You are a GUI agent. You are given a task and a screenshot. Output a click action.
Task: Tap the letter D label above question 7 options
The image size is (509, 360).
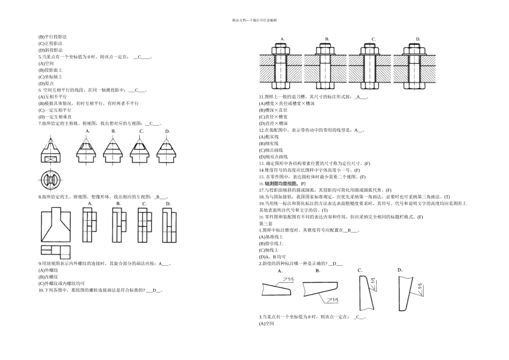pos(167,131)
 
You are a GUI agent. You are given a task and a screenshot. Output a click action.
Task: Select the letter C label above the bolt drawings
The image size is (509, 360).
pos(373,39)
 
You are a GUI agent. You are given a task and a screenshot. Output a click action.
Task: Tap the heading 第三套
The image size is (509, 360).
pos(266,223)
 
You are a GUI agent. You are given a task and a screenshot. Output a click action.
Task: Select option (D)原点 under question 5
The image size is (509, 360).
pos(47,84)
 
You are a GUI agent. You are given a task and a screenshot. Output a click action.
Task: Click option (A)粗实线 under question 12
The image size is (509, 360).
pos(270,137)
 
